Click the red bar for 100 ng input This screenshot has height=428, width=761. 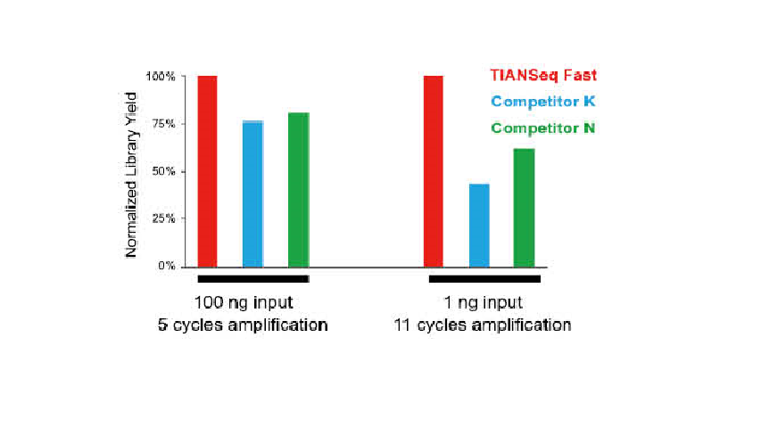[207, 171]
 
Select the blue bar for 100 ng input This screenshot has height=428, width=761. [252, 193]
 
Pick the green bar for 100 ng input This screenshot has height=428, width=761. [298, 189]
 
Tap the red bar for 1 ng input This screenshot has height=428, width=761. [434, 171]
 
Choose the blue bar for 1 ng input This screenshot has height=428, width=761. [479, 225]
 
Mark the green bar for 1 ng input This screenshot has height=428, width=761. [525, 207]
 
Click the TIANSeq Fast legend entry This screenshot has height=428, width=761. [542, 76]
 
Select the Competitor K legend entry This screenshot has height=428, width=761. [542, 102]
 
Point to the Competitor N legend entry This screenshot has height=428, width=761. [542, 128]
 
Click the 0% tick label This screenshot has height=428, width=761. [167, 266]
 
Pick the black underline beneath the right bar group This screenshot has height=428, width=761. [484, 279]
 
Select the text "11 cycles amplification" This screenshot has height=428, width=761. [482, 325]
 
